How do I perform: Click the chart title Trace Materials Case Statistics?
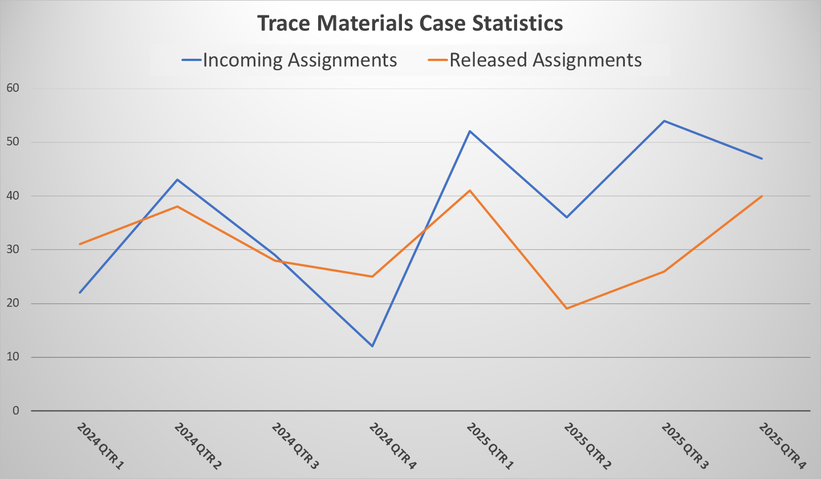pyautogui.click(x=410, y=23)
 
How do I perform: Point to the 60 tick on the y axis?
pyautogui.click(x=13, y=88)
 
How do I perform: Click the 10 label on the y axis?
pyautogui.click(x=13, y=358)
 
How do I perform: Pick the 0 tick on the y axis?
pyautogui.click(x=16, y=411)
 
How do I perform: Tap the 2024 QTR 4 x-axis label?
pyautogui.click(x=392, y=446)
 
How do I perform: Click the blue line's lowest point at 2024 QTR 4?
pyautogui.click(x=372, y=346)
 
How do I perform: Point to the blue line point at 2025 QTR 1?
pyautogui.click(x=470, y=131)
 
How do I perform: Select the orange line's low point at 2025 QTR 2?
pyautogui.click(x=567, y=308)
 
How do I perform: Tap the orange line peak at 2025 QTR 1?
pyautogui.click(x=470, y=190)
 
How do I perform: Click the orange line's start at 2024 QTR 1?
pyautogui.click(x=80, y=244)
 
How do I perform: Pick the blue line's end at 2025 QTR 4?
pyautogui.click(x=762, y=159)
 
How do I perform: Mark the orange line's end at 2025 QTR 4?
pyautogui.click(x=762, y=196)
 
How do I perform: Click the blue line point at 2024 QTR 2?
pyautogui.click(x=177, y=180)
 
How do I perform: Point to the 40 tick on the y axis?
pyautogui.click(x=13, y=196)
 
